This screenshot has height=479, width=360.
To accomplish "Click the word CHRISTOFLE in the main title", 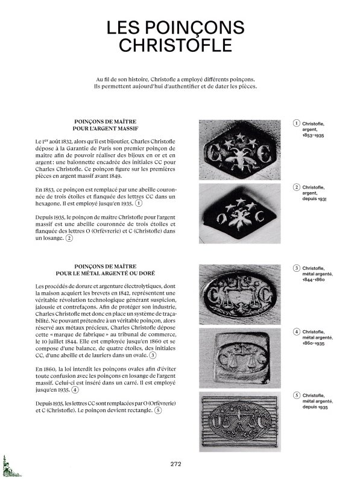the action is (175, 45).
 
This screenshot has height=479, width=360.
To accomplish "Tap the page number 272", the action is (176, 464).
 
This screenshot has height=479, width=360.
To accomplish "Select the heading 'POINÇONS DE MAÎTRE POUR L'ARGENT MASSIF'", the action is (105, 125).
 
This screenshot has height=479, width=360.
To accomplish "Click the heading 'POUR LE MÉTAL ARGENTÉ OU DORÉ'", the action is (105, 273).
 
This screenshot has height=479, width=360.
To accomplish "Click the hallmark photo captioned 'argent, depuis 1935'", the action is (240, 213).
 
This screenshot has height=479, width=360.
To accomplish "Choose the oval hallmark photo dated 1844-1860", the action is (240, 295).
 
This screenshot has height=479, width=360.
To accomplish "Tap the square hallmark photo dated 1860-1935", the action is (240, 358).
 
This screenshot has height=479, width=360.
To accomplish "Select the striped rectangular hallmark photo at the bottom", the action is (240, 422).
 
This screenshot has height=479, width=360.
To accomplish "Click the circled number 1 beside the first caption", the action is (296, 123).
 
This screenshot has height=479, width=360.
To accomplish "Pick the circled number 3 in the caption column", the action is (296, 268).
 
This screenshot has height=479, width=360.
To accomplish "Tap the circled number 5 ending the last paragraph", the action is (158, 410).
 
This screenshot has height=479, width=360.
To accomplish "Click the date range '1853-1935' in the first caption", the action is (313, 136).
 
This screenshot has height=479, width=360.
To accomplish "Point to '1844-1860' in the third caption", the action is (314, 280).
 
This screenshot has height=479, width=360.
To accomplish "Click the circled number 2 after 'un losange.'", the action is (69, 238).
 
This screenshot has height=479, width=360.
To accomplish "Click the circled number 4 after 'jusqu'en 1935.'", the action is (75, 390).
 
